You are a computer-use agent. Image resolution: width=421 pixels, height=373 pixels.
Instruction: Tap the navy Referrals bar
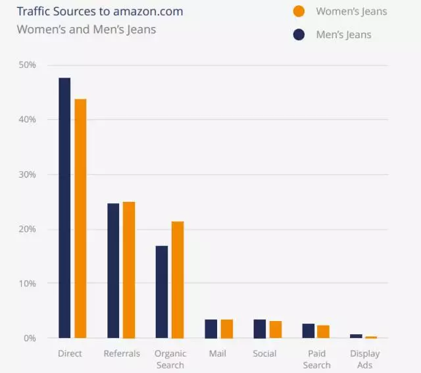[113, 270]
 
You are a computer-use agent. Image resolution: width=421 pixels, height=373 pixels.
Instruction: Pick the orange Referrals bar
[129, 270]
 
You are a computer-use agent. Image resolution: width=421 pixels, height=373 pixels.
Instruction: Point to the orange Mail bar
[226, 329]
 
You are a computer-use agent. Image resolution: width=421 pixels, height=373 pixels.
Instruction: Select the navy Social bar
[260, 329]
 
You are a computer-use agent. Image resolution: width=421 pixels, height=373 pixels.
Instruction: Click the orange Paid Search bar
[323, 332]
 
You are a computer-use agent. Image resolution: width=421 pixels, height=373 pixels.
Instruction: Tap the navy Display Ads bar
[356, 336]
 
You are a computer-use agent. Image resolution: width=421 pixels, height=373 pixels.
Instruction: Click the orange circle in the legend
[299, 11]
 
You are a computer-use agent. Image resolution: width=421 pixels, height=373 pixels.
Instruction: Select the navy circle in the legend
[299, 34]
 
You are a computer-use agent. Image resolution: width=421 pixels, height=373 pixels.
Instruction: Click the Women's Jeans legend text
[351, 11]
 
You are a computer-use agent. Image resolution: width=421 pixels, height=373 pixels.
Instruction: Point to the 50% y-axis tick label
[27, 65]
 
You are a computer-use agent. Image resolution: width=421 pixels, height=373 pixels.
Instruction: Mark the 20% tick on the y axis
[27, 229]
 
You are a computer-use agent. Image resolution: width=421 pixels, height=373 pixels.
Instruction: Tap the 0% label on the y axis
[29, 338]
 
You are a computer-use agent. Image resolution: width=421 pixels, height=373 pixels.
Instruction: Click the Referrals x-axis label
[122, 354]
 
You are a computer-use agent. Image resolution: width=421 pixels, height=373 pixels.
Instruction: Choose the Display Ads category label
[364, 359]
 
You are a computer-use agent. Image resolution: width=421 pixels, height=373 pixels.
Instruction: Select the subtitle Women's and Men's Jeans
[86, 30]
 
